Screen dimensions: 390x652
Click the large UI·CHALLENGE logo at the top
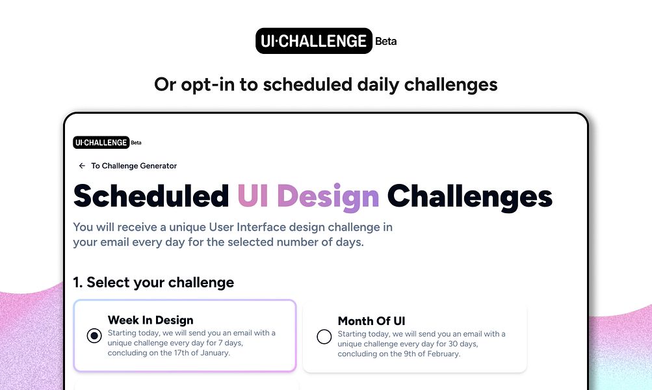[314, 40]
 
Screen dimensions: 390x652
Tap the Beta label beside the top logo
[385, 41]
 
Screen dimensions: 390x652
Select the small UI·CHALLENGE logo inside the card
[101, 142]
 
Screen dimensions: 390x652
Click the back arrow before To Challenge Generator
[82, 166]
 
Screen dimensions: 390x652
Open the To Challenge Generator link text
[134, 166]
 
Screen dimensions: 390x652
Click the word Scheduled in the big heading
[151, 196]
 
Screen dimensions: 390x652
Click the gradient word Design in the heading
[332, 196]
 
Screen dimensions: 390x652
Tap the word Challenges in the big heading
[469, 196]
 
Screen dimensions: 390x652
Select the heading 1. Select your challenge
[153, 282]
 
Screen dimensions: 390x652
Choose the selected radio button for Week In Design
[94, 336]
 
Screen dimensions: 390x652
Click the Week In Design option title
[150, 320]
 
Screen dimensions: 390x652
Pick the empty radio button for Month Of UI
[324, 336]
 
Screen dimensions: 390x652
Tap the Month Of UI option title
[371, 321]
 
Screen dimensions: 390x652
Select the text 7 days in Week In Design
[234, 343]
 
